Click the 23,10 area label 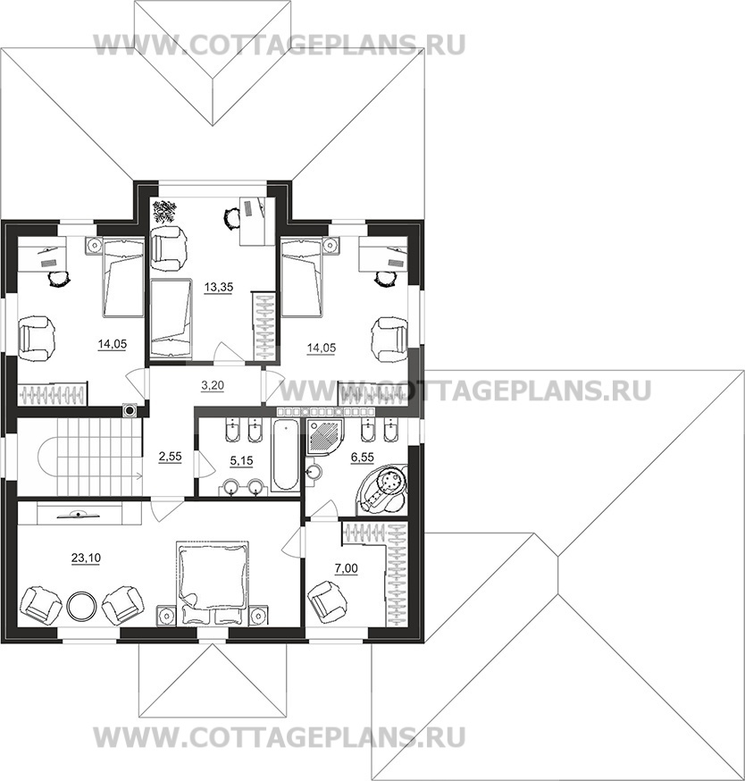click(x=86, y=558)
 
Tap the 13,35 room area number click(x=219, y=287)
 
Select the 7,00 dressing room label click(x=346, y=568)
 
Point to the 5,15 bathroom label click(x=241, y=461)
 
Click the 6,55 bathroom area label click(x=362, y=458)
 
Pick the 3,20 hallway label click(x=213, y=385)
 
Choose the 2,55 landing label click(x=170, y=457)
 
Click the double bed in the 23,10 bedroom click(x=212, y=583)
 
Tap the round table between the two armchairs click(x=81, y=606)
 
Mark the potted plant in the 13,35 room click(x=164, y=211)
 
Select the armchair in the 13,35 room click(x=170, y=244)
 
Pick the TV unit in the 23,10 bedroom click(x=80, y=514)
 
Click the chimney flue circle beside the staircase click(x=130, y=410)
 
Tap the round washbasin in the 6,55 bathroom click(x=313, y=472)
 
